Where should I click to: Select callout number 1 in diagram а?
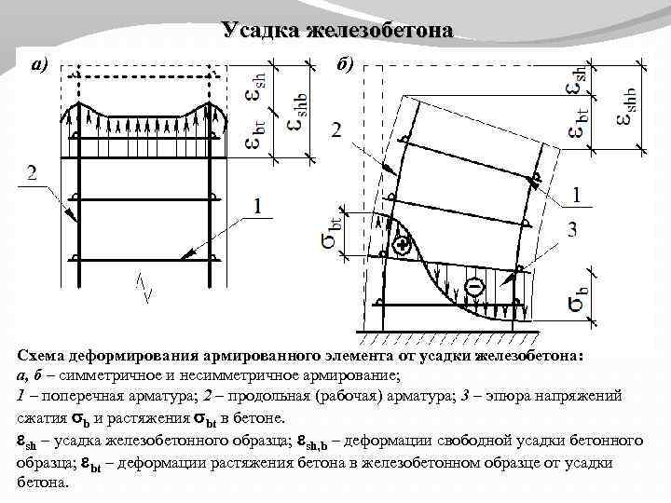tap(258, 206)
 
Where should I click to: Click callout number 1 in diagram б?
tap(579, 195)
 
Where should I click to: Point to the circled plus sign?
tap(402, 246)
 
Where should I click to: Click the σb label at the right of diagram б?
tap(579, 294)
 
